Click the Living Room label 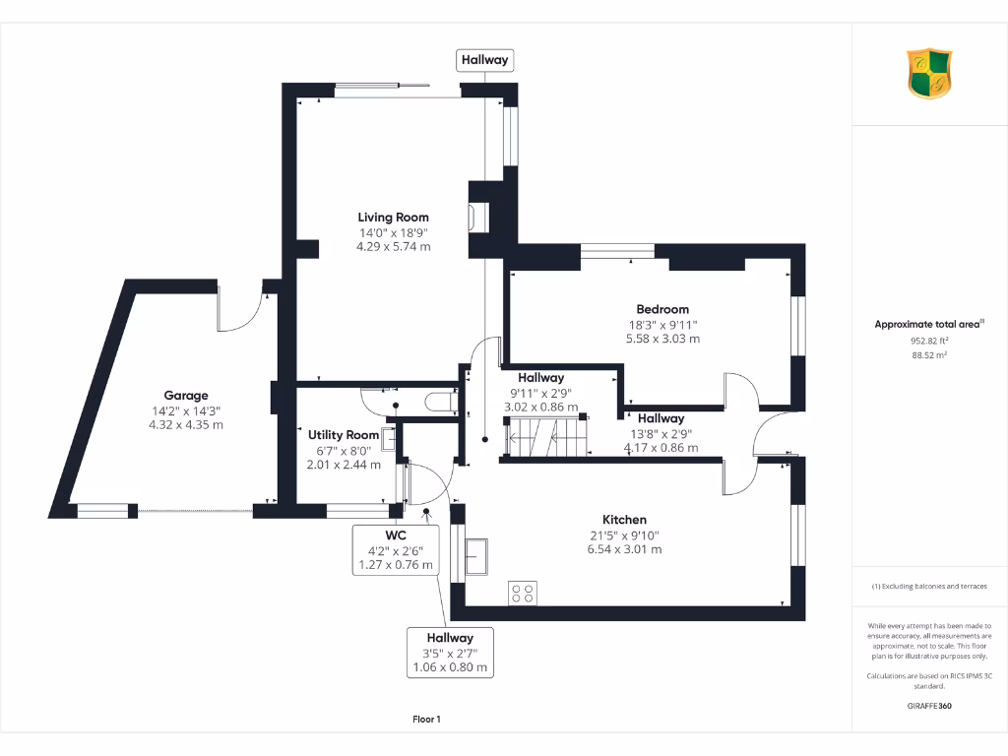393,218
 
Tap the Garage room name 186,396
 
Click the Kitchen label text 624,520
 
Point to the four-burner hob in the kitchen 523,592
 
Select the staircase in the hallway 546,435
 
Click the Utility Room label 344,434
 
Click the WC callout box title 382,535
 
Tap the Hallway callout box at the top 485,60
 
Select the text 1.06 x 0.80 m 450,668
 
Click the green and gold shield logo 929,75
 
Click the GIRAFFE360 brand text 929,706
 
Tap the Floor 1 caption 426,720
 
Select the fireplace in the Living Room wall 478,217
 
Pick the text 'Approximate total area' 926,324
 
